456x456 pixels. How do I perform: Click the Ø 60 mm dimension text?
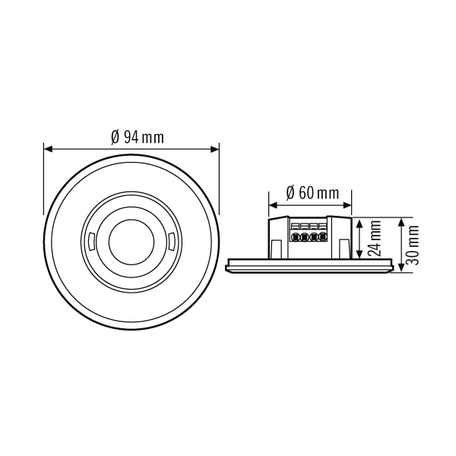pos(312,192)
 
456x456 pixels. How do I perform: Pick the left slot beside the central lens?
pos(90,244)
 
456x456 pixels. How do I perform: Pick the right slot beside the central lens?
pos(172,244)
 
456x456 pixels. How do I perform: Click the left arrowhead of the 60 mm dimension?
pos(271,204)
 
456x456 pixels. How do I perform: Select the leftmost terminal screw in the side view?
pos(293,237)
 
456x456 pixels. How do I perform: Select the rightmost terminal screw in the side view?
pos(322,237)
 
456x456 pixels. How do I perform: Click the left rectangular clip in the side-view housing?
pos(274,245)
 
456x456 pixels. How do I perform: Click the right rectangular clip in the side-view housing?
pos(342,245)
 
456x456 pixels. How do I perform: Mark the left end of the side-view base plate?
pos(227,265)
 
